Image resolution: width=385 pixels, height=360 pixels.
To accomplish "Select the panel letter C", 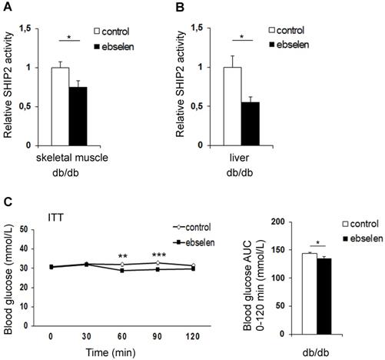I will point(7,203).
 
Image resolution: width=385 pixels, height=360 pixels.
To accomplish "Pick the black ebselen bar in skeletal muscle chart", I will point(78,116).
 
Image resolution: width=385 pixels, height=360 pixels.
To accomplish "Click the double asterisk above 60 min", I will point(122,257).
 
